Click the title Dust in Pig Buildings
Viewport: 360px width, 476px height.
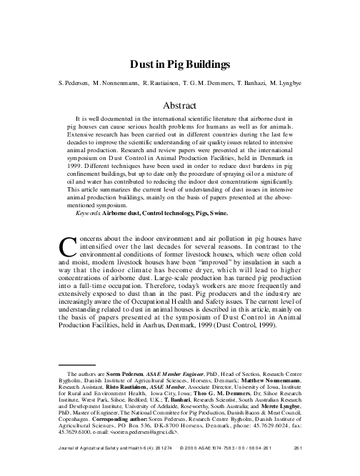coord(180,64)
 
